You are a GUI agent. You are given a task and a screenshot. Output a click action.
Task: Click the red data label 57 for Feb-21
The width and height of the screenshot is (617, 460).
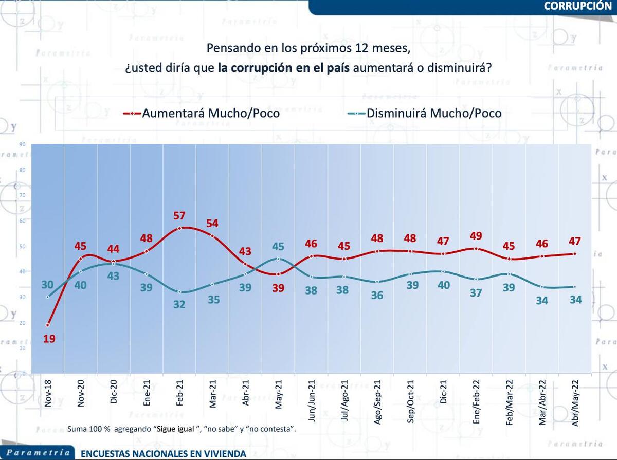click(x=179, y=215)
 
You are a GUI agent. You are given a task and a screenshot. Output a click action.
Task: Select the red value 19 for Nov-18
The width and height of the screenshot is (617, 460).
click(x=49, y=339)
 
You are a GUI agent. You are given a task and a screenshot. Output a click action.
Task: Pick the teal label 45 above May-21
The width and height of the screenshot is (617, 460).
click(x=278, y=247)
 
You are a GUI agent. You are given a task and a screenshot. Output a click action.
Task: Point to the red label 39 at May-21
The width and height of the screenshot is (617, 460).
click(x=278, y=288)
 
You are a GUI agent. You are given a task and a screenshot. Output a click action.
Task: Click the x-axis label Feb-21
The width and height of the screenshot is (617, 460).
click(x=180, y=395)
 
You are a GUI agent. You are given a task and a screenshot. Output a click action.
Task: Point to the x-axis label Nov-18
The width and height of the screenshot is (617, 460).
click(x=48, y=395)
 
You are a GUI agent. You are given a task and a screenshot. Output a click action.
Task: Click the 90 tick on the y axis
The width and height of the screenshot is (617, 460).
click(x=22, y=144)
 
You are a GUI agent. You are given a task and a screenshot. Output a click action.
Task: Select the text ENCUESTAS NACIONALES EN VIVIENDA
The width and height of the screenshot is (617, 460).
click(x=163, y=454)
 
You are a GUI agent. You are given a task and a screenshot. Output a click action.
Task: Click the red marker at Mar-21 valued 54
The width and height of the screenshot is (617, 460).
click(x=212, y=236)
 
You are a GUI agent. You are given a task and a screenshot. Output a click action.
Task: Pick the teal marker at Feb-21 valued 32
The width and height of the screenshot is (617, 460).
click(x=180, y=292)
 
